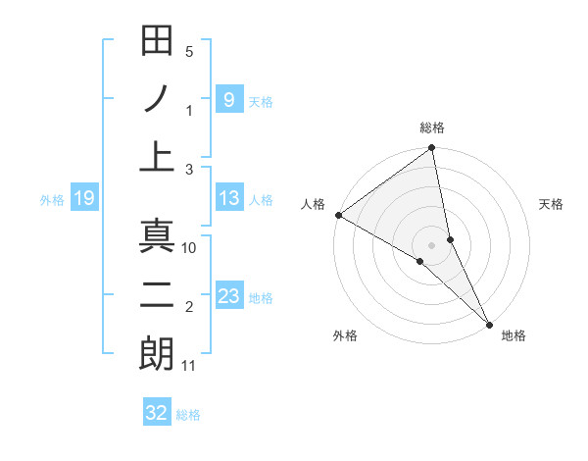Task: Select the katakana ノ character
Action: coord(158,99)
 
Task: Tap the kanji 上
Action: coord(158,157)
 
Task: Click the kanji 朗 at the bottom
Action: coord(158,353)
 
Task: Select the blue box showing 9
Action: coord(228,99)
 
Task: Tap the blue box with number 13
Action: coord(228,199)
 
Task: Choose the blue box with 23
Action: coord(228,297)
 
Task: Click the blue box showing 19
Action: coord(83,199)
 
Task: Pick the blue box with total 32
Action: coord(157,413)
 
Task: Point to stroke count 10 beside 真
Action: coord(189,248)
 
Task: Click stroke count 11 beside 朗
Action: coord(189,367)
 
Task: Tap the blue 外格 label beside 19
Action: coord(52,200)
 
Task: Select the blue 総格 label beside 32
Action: coord(188,415)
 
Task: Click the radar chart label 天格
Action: coord(552,204)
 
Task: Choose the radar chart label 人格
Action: coord(313,204)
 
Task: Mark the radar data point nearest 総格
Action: coord(431,149)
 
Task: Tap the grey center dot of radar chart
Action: coord(432,245)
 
